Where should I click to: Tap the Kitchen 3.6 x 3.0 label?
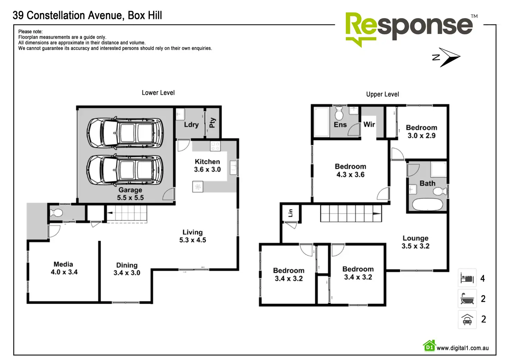(207, 166)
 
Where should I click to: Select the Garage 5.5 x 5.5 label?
(130, 194)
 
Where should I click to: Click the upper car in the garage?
(125, 133)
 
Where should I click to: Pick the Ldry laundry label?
(191, 124)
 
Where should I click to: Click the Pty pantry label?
(212, 122)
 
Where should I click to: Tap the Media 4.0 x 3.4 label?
(64, 268)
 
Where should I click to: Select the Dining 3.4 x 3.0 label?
(127, 269)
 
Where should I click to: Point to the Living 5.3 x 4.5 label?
(193, 236)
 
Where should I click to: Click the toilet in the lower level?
(56, 213)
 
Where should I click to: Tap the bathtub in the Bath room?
(427, 204)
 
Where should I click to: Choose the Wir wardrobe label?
(369, 124)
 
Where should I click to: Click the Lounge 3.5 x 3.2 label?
(415, 242)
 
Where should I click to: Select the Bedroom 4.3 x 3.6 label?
(350, 170)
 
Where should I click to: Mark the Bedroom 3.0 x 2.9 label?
(422, 131)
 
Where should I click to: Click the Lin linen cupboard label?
(290, 213)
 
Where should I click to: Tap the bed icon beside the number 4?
(467, 278)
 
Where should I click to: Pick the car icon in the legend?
(467, 319)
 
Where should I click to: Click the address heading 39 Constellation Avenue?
(87, 16)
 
